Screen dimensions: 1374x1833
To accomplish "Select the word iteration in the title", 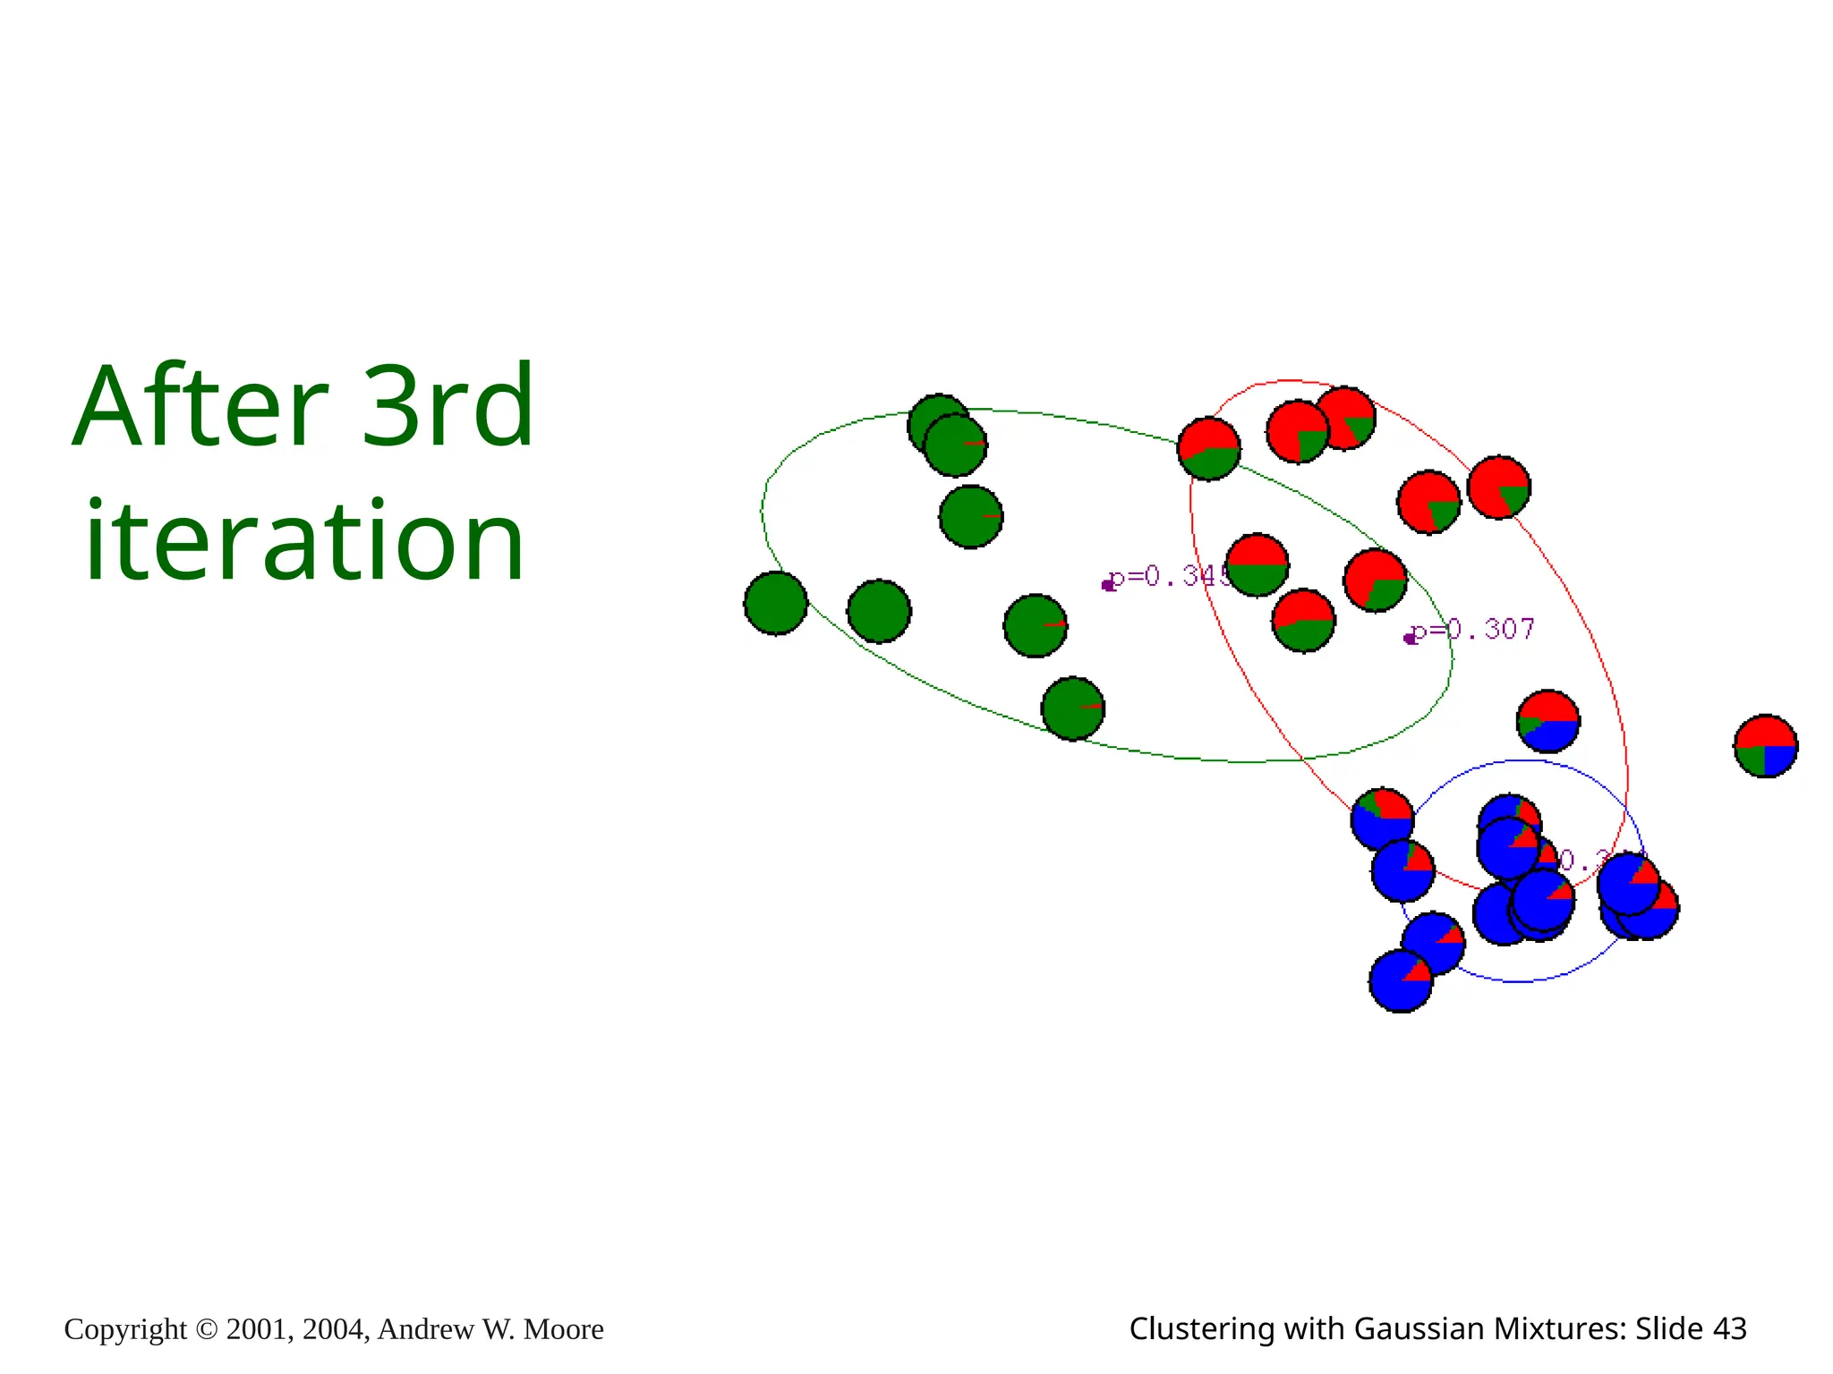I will click(304, 542).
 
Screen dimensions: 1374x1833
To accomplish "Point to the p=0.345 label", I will click(1168, 577).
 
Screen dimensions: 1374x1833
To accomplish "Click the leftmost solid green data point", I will click(775, 604).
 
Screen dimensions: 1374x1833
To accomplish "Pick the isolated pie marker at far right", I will click(1765, 746).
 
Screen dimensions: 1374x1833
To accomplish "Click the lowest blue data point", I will click(1401, 981).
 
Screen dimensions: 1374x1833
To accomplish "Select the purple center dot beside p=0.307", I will click(1410, 638).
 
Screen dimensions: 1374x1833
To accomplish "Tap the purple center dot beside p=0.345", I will click(1108, 585).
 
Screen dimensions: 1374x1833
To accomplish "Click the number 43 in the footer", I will click(1729, 1328).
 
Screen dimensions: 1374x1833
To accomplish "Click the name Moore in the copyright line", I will click(563, 1329).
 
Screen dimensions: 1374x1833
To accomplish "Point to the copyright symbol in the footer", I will click(206, 1329).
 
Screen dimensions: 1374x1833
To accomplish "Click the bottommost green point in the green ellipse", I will click(1072, 708).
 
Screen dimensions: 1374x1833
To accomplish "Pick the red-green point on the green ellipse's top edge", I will click(1208, 449).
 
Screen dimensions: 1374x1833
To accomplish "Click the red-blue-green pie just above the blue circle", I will click(1547, 721).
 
